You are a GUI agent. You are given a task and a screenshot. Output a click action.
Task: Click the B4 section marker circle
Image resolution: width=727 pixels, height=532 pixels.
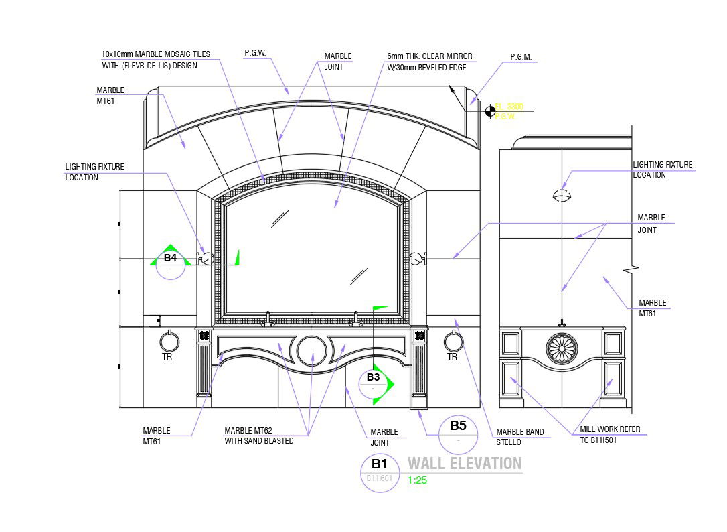click(171, 263)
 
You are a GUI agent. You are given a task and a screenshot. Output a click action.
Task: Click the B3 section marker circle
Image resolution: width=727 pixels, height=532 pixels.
click(373, 383)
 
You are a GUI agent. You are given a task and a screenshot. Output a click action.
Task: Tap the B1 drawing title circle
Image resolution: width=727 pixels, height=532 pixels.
click(380, 472)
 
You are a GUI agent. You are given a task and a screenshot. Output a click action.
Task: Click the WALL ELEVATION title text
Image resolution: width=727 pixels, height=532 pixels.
click(465, 463)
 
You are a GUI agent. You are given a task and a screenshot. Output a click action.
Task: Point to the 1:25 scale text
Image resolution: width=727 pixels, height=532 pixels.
click(417, 480)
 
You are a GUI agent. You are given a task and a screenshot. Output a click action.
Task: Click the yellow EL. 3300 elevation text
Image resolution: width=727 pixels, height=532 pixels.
click(509, 107)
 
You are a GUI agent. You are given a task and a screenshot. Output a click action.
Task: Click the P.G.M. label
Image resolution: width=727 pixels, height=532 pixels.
click(521, 58)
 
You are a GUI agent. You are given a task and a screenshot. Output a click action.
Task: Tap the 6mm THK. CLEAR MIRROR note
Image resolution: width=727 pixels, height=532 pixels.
click(429, 62)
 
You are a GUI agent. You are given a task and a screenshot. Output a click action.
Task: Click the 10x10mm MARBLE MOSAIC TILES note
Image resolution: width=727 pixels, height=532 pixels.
click(155, 60)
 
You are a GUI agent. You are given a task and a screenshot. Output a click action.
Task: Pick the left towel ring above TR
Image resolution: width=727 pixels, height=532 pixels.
click(169, 342)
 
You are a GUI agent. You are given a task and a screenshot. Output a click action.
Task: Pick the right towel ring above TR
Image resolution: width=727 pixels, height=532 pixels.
click(454, 342)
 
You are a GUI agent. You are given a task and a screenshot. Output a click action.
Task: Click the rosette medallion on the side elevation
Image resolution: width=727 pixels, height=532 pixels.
click(561, 349)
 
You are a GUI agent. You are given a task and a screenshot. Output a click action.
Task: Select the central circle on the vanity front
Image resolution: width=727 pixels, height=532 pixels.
click(311, 350)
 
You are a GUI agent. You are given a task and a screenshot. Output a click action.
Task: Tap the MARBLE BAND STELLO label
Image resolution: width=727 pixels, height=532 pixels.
click(519, 437)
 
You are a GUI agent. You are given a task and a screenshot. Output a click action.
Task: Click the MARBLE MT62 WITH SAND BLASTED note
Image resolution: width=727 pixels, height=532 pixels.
click(258, 436)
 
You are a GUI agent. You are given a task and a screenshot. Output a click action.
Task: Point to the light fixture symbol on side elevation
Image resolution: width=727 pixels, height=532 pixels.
click(562, 196)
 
